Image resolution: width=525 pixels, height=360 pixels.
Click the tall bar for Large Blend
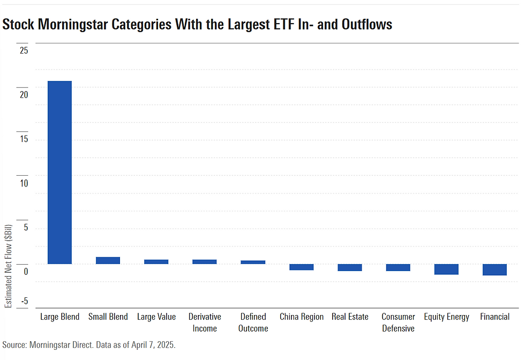coord(59,172)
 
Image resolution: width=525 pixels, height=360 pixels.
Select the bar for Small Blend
coord(108,260)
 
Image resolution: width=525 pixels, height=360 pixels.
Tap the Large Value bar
coord(156,262)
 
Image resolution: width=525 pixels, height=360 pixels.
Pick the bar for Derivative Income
coord(205,262)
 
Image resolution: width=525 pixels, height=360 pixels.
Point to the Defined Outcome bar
coord(253,262)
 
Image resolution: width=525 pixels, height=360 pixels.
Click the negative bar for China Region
coord(301,267)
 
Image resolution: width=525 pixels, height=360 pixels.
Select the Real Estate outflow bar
coord(350,267)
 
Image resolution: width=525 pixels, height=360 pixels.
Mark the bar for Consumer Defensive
coord(398,267)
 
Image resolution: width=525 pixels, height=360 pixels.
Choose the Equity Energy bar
coord(446,269)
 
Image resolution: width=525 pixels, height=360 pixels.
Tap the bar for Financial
coord(494,269)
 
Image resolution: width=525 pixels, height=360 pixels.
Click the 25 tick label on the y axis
coord(24,51)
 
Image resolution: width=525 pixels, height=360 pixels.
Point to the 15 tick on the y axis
coord(24,139)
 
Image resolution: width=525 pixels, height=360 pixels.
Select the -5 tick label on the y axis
coord(24,301)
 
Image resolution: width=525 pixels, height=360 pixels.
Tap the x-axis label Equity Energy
coord(446,317)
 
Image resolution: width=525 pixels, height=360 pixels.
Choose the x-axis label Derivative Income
coord(205,322)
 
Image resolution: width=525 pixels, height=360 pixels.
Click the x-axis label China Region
coord(301,317)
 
